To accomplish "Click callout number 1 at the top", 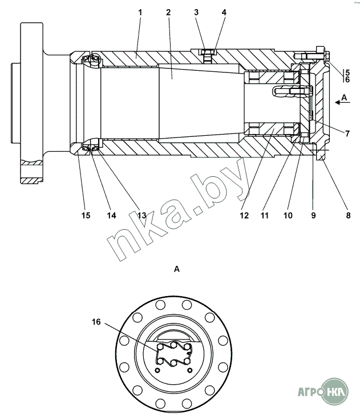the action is [140, 12].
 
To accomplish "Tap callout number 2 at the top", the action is [168, 12].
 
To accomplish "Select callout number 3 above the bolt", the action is [196, 12].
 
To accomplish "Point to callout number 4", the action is [224, 12].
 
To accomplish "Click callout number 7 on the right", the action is [347, 133].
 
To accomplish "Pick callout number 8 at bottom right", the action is [348, 215].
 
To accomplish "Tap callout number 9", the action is [313, 215].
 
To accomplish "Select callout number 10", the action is [288, 215].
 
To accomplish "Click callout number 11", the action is [265, 215].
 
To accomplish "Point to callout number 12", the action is [244, 215].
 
